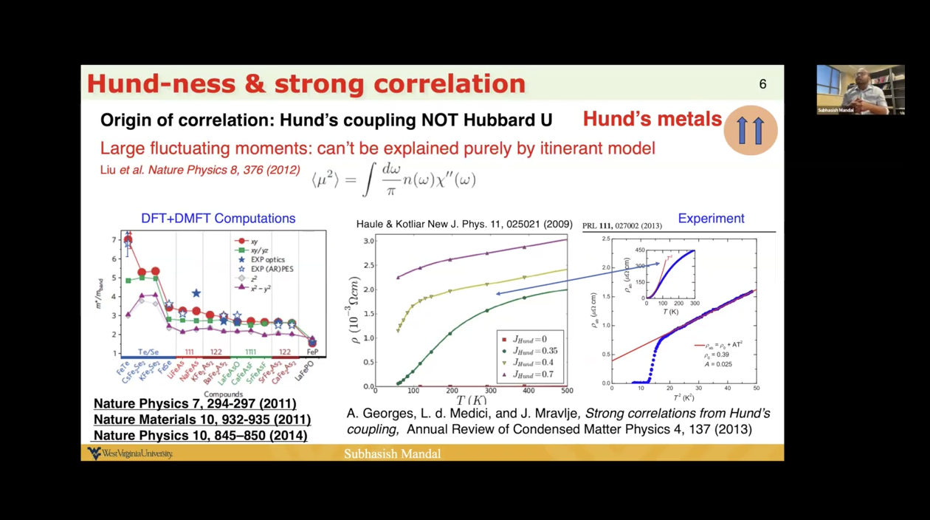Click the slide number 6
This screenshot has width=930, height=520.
click(762, 84)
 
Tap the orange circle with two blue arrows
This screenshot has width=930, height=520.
click(751, 131)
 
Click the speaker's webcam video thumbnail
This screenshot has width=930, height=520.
click(860, 89)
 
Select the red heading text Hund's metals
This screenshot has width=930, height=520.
click(652, 119)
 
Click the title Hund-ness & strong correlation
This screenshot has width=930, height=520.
click(306, 83)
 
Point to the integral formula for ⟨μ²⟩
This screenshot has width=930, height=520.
click(393, 179)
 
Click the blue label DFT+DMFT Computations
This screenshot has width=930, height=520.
click(218, 219)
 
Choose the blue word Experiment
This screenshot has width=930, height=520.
click(711, 219)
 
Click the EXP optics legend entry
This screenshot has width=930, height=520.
click(266, 260)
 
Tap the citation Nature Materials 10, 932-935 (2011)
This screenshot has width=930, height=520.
click(202, 420)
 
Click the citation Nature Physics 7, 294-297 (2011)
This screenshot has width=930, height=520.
click(195, 404)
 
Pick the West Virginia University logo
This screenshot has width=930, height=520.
click(131, 453)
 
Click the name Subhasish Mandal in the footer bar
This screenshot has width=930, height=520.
click(392, 454)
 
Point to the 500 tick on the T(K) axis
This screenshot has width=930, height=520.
click(566, 391)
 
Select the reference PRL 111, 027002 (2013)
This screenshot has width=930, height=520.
click(621, 225)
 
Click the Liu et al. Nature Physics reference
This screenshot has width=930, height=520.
click(200, 171)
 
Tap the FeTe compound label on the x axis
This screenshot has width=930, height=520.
click(125, 366)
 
